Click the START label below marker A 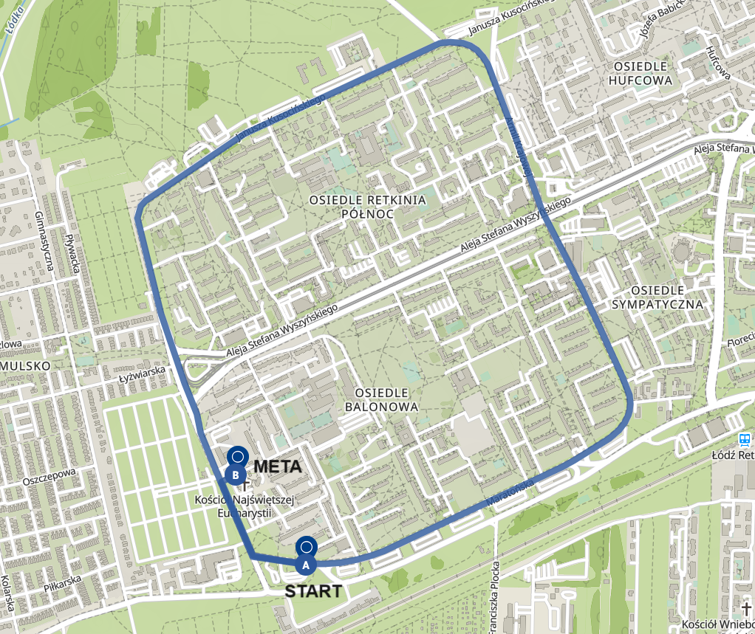[313, 590]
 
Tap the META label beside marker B [277, 466]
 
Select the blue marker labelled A [306, 564]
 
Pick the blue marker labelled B [236, 475]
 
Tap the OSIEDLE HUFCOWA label [640, 73]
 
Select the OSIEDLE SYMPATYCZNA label [657, 296]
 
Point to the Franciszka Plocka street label [496, 590]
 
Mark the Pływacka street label [73, 252]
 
